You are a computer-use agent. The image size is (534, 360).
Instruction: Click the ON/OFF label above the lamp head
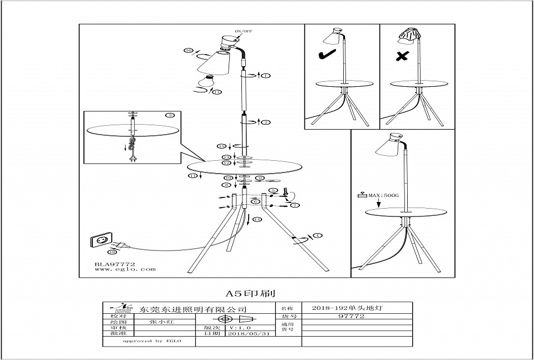coord(243,32)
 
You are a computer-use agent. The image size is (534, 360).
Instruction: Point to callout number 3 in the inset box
coord(170,116)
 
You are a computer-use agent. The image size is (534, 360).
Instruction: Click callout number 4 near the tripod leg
coord(318,236)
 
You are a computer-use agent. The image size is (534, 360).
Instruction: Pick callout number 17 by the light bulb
coord(217,92)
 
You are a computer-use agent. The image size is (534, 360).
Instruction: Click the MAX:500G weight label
coord(379,196)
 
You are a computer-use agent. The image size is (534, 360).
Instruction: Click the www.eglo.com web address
coord(117,269)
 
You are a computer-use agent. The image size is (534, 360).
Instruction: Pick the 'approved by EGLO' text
coord(144,341)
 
